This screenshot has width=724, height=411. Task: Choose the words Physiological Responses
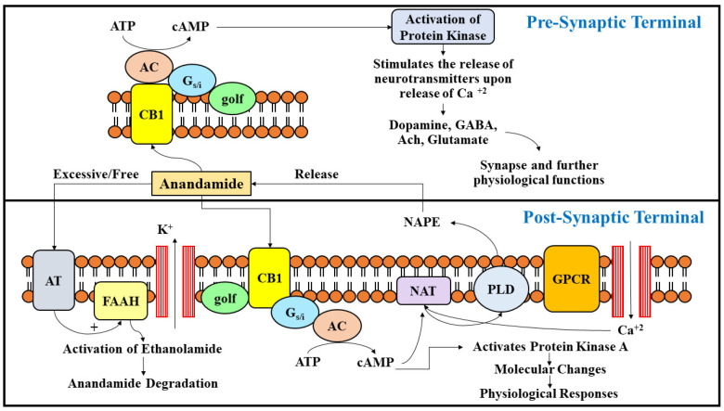pyautogui.click(x=536, y=392)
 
